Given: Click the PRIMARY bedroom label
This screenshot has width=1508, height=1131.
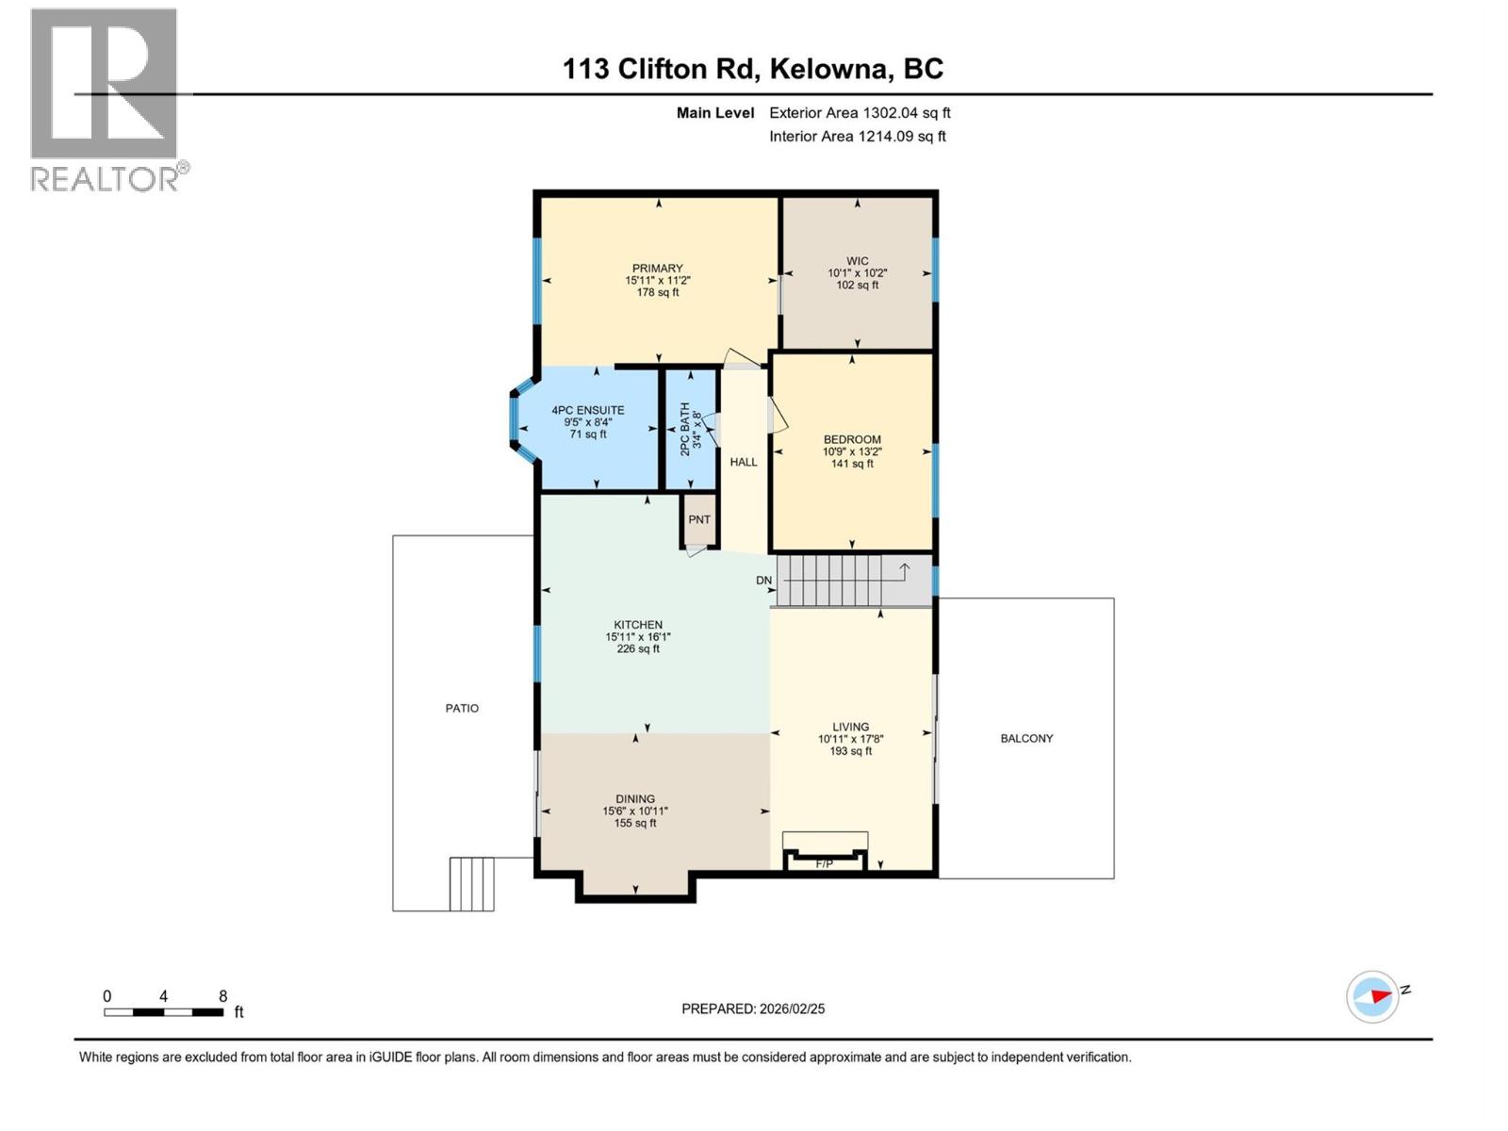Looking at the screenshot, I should tap(657, 269).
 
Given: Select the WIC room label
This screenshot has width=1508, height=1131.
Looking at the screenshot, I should tap(857, 261).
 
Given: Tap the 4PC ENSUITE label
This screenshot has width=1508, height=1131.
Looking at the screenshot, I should tap(588, 410).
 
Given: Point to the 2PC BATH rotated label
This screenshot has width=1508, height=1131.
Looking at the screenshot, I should tap(685, 429).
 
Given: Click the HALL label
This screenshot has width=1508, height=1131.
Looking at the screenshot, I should tap(744, 462).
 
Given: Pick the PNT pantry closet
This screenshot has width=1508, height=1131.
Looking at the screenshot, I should tap(699, 519).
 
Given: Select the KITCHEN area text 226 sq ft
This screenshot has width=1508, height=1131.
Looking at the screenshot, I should tap(638, 648).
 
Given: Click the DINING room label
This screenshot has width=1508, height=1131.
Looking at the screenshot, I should tap(635, 798).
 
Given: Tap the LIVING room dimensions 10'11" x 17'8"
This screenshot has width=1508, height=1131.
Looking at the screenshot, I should tap(850, 739).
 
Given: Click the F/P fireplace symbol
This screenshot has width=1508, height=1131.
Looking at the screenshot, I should tap(825, 861).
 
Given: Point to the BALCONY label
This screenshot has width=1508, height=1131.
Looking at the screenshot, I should tap(1026, 738).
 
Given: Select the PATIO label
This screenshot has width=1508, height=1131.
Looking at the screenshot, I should tap(462, 708).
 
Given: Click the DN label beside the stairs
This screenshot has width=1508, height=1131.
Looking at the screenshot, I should tap(763, 581).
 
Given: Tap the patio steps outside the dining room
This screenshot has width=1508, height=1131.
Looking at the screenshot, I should tap(471, 883).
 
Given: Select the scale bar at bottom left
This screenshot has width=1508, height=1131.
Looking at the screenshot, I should tap(164, 1012).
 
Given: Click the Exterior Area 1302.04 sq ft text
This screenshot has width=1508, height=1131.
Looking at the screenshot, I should tap(860, 112).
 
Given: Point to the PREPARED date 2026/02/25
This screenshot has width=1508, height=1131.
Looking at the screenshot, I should tap(753, 1008).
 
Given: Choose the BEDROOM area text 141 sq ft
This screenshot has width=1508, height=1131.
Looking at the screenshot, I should tap(852, 464).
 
